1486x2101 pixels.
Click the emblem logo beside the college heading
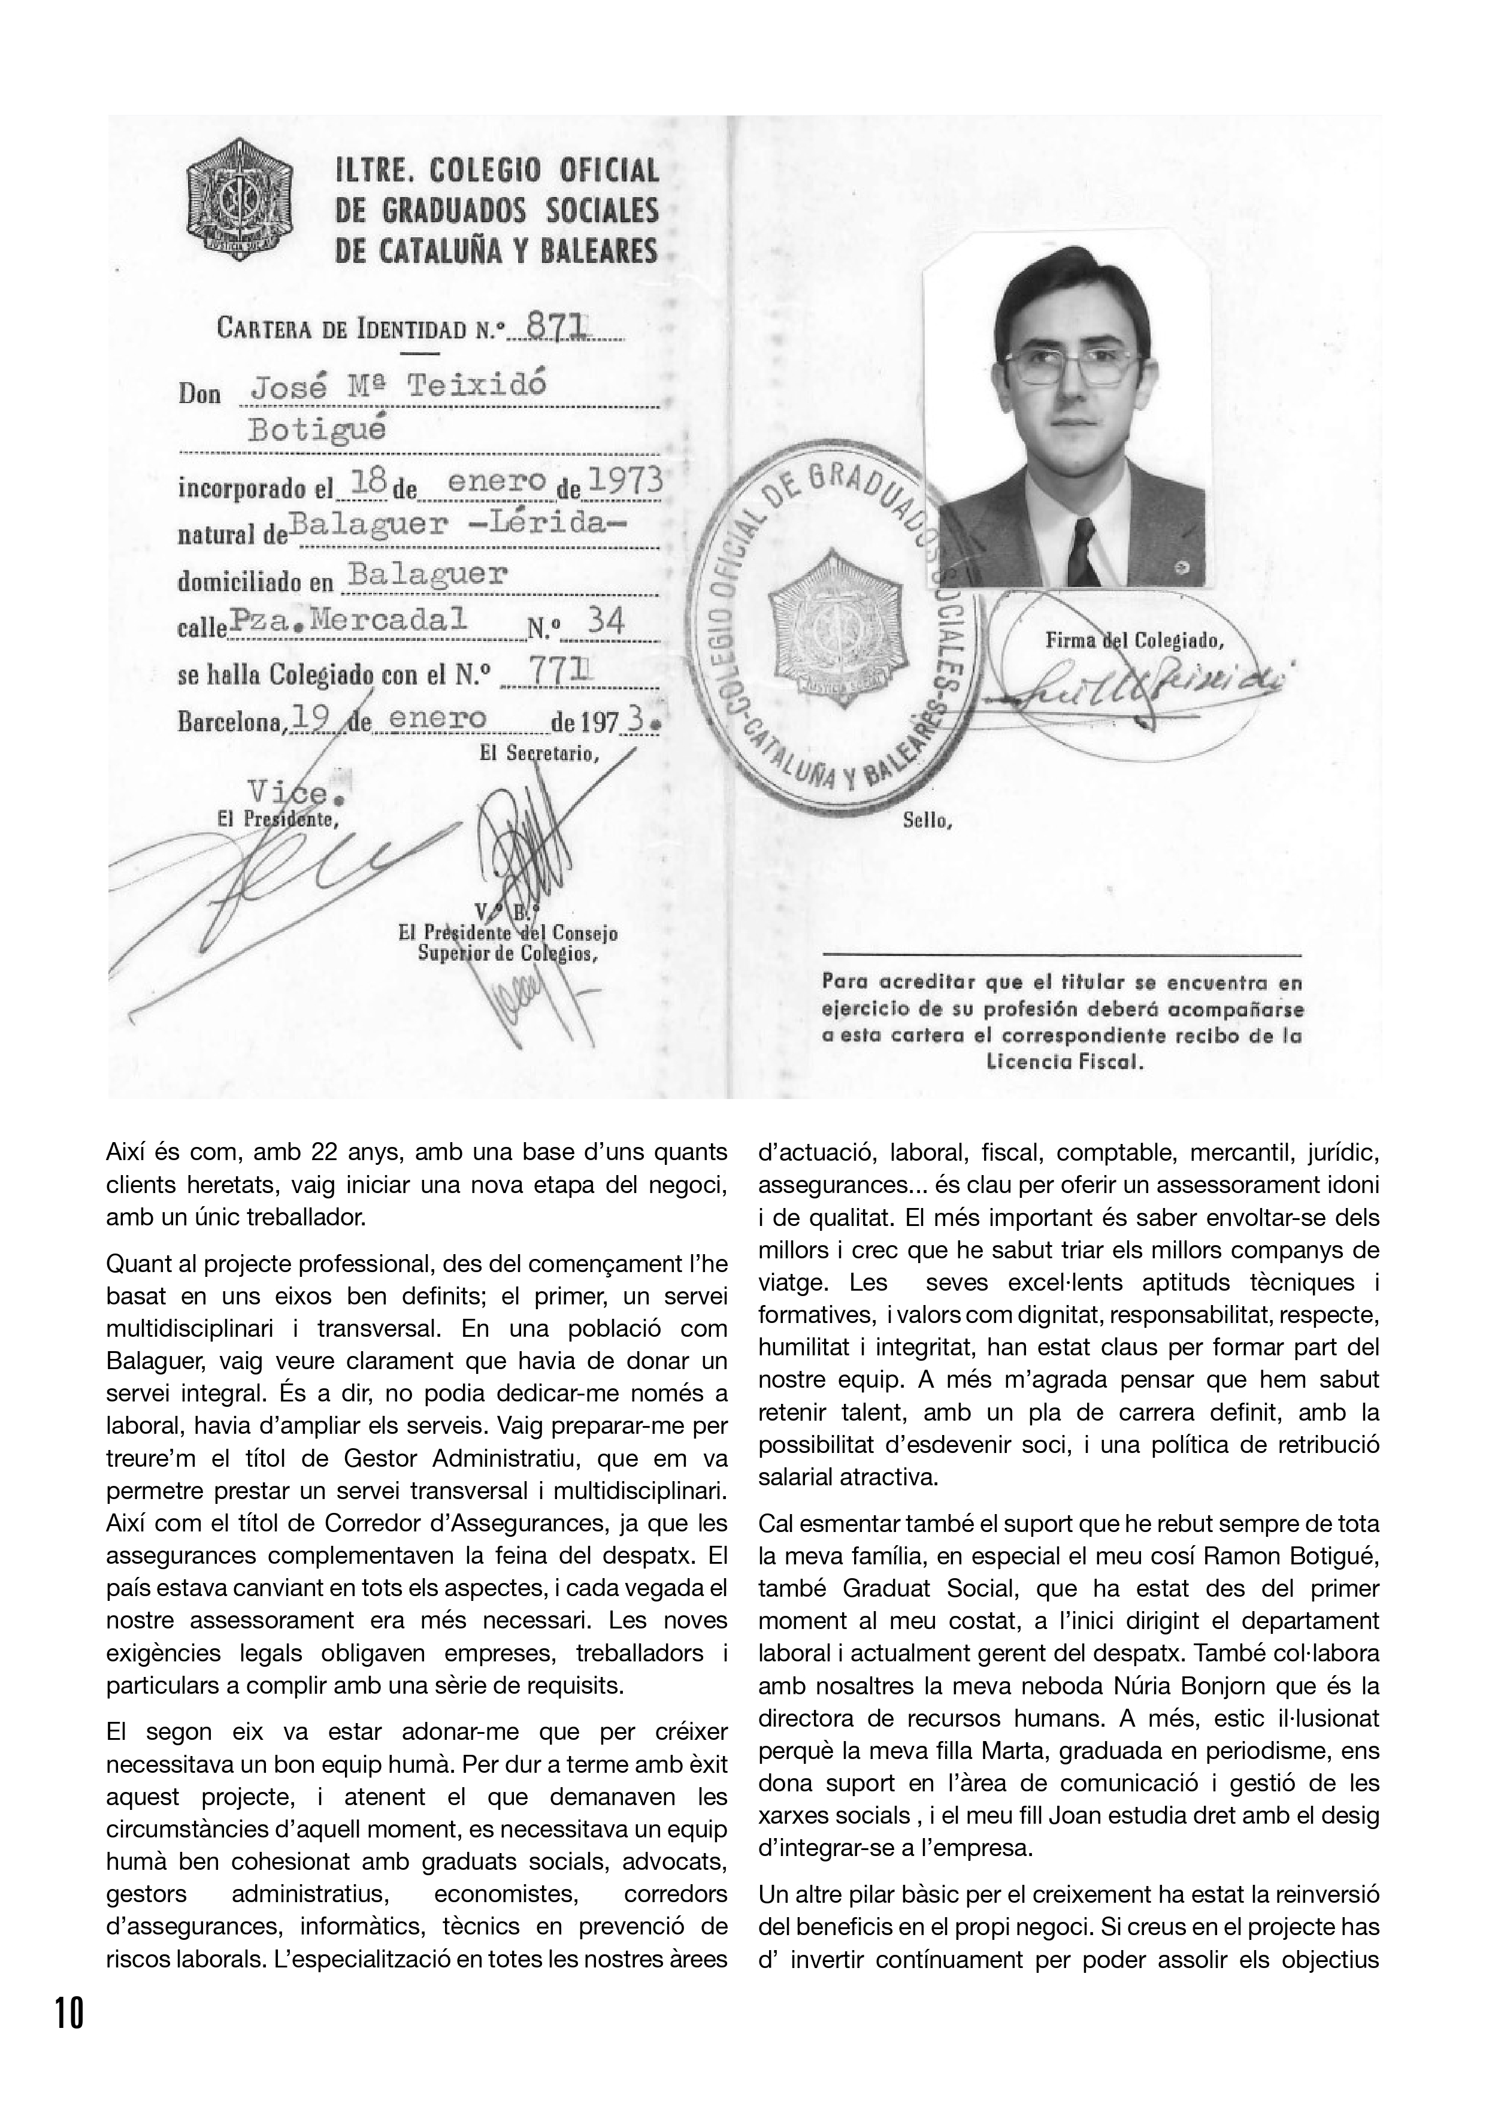tap(239, 199)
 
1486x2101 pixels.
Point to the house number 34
tap(606, 622)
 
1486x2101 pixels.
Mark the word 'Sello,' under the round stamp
tap(927, 821)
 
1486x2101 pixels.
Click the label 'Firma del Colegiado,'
tap(1134, 641)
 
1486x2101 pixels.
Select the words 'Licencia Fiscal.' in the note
tap(1065, 1062)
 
